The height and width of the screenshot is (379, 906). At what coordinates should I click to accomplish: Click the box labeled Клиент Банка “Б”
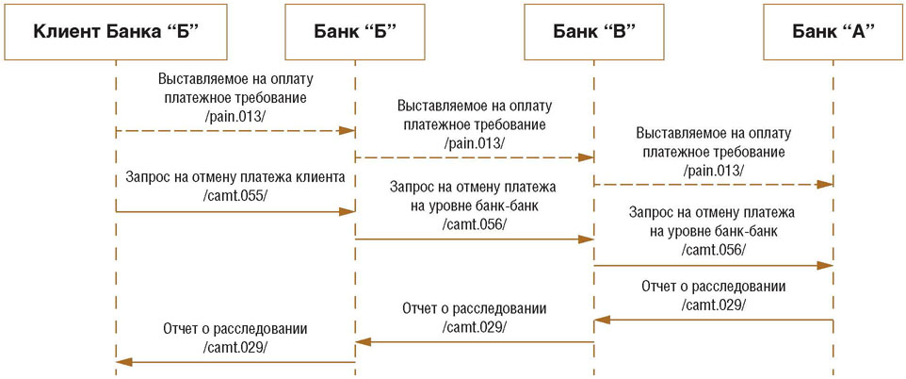coord(116,32)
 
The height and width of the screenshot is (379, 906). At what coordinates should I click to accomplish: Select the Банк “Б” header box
coord(355,32)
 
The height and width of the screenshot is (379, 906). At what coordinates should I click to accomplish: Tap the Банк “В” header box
coord(593,32)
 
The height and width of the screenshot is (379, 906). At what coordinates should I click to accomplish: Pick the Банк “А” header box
coord(833,32)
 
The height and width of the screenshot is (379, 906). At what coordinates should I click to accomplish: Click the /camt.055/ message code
coord(235,196)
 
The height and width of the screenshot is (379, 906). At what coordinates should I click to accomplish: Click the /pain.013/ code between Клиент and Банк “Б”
coord(235,116)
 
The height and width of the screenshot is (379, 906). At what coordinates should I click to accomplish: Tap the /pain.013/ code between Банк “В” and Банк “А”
coord(712,170)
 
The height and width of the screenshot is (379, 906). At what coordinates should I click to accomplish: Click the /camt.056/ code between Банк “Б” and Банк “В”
coord(474,223)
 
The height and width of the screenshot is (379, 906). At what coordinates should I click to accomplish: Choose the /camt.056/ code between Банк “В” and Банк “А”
coord(713,250)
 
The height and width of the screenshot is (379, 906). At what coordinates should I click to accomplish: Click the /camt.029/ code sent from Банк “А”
coord(713,305)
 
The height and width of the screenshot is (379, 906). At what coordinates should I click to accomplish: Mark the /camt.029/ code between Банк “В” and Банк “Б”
coord(474,326)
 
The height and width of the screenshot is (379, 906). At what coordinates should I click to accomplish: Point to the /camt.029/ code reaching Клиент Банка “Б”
coord(235,347)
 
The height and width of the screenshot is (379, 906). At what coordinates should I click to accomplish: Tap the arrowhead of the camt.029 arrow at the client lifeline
coord(123,362)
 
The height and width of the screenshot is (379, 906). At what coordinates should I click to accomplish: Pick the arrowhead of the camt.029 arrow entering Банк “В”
coord(602,320)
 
